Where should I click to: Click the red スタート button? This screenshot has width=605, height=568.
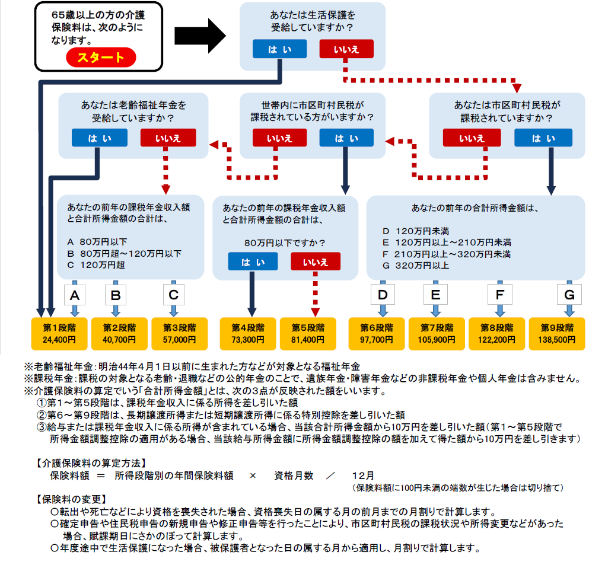pos(101,57)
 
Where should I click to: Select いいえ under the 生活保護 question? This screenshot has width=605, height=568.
pos(346,49)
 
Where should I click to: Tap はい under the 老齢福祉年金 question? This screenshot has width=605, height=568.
pos(99,138)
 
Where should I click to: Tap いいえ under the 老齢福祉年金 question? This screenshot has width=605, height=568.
pos(168,138)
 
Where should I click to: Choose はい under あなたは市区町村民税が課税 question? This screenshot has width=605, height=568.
pos(543,138)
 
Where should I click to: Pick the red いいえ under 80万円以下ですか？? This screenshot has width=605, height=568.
pos(316,261)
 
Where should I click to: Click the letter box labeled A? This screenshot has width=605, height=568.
pos(75,295)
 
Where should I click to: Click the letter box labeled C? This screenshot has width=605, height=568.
pos(173,295)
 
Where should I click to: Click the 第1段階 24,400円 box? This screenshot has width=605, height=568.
pos(59,333)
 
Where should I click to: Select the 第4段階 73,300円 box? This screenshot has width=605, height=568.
pos(248,333)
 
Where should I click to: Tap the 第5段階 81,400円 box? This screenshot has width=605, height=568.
pos(308,333)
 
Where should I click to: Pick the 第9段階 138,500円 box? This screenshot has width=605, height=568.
pos(557,333)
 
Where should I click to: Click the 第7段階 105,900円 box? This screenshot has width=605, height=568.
pos(437,333)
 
